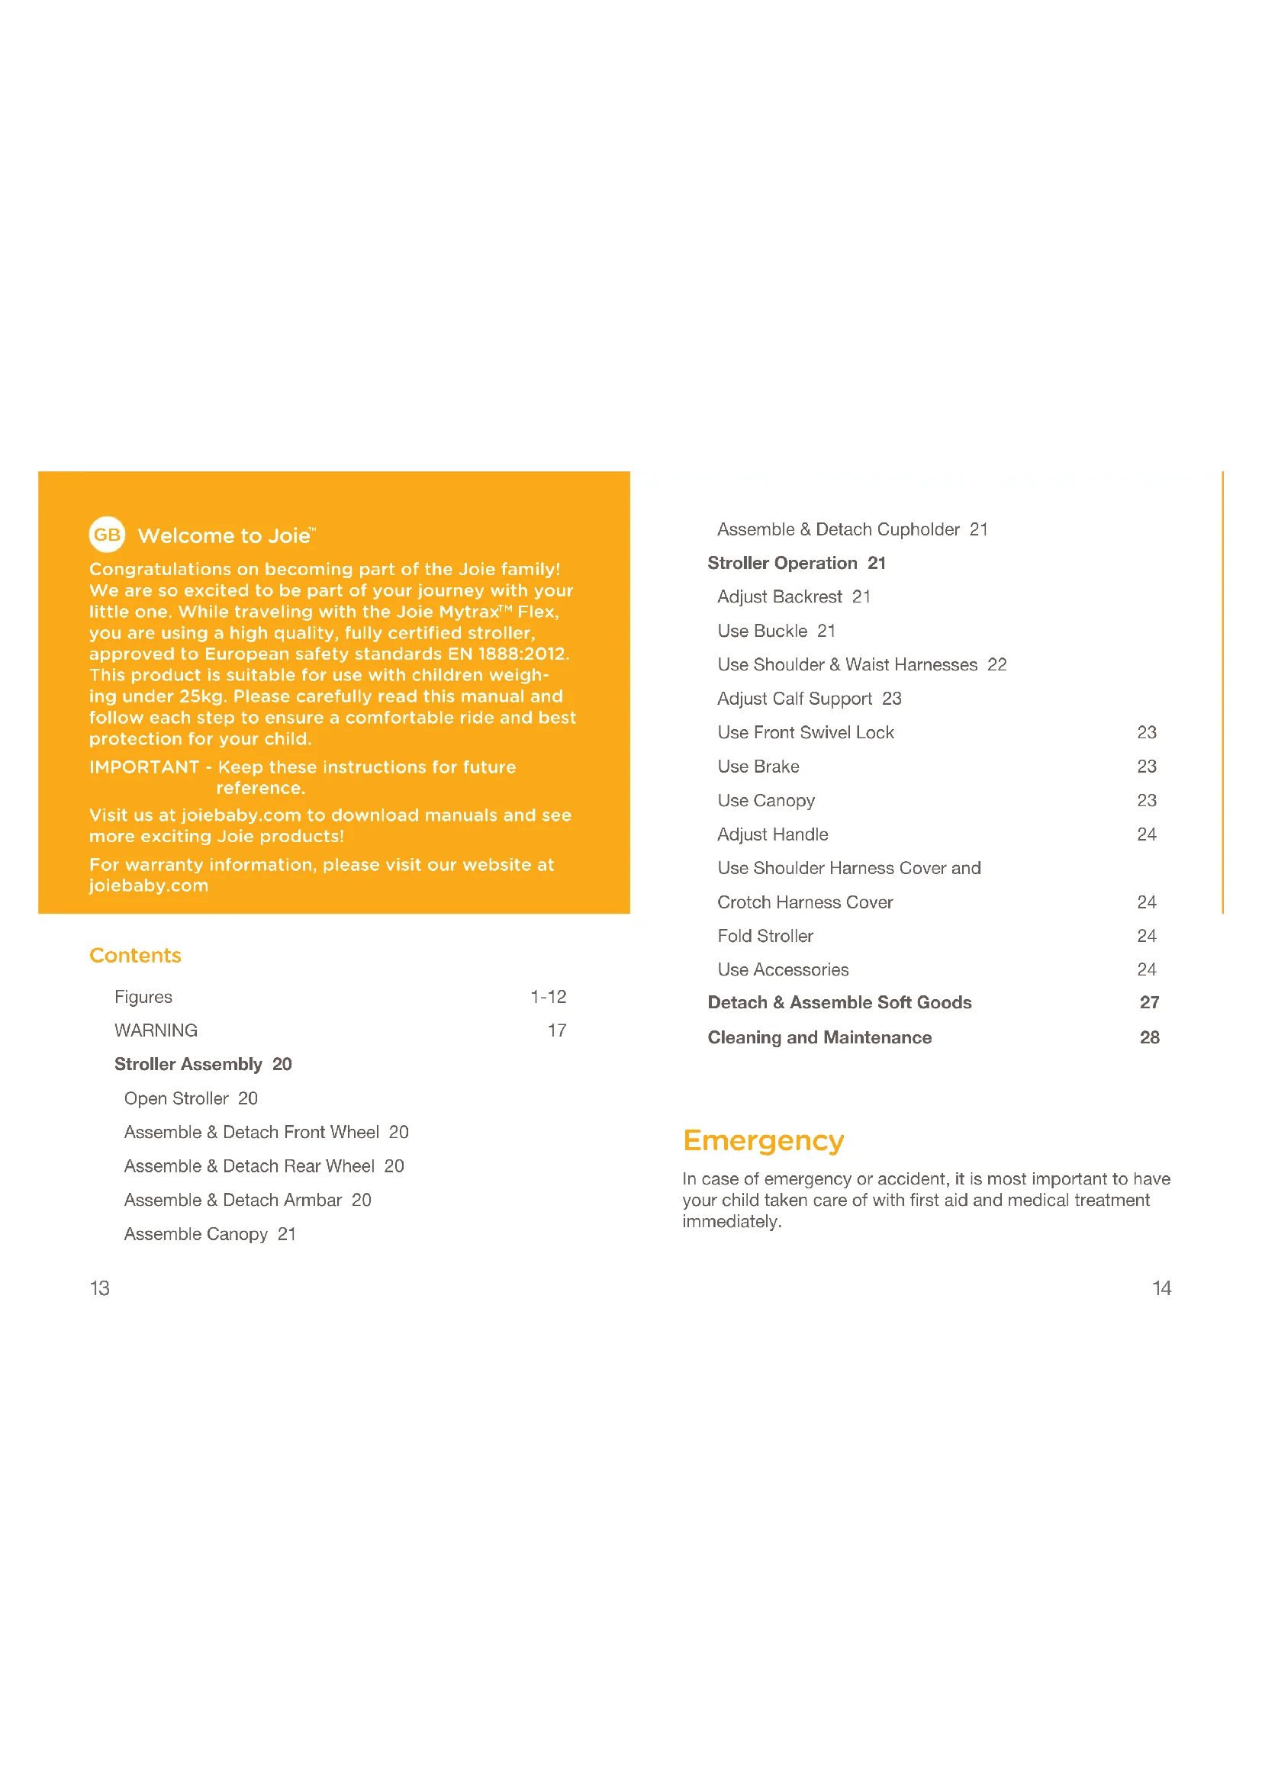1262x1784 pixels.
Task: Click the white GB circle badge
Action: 108,535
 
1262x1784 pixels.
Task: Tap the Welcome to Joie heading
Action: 226,535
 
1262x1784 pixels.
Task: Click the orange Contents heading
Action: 135,955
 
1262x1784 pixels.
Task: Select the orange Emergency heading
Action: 763,1140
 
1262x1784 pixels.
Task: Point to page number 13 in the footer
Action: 99,1288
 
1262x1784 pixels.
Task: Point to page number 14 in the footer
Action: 1161,1288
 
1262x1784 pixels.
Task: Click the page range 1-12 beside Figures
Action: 548,996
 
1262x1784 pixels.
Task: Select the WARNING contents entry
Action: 156,1030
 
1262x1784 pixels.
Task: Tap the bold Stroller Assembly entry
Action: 203,1064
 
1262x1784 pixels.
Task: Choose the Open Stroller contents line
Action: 191,1098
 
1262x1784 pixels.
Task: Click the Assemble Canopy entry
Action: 210,1234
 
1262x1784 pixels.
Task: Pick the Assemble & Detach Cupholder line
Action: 852,529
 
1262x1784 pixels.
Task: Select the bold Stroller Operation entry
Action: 796,563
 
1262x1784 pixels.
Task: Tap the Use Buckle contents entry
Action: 775,631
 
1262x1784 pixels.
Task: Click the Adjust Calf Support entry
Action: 809,699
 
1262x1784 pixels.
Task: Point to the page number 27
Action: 1149,1002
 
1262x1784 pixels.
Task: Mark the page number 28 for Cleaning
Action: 1149,1037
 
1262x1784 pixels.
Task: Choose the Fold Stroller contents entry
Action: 765,936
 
